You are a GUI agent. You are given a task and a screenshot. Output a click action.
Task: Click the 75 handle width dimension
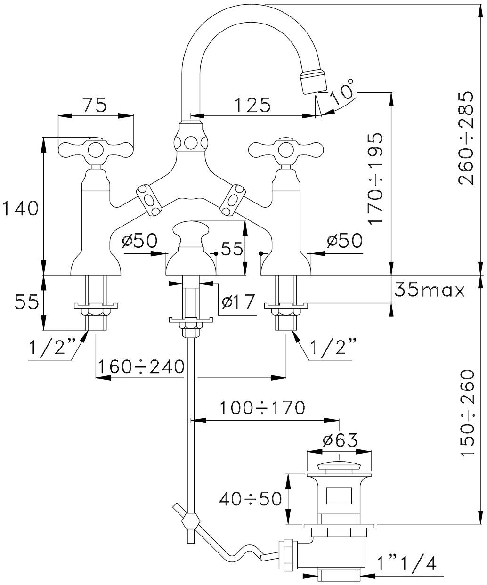95,105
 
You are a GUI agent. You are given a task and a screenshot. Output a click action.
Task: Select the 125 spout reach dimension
254,105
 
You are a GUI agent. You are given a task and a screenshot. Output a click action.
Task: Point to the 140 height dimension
20,208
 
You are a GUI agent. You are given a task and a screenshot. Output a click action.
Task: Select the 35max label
429,290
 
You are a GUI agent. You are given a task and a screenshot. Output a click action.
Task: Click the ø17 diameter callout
237,301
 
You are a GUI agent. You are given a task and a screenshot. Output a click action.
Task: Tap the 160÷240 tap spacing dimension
140,366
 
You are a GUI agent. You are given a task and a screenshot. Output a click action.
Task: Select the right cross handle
286,150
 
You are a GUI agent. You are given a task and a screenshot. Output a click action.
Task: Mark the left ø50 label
139,241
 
